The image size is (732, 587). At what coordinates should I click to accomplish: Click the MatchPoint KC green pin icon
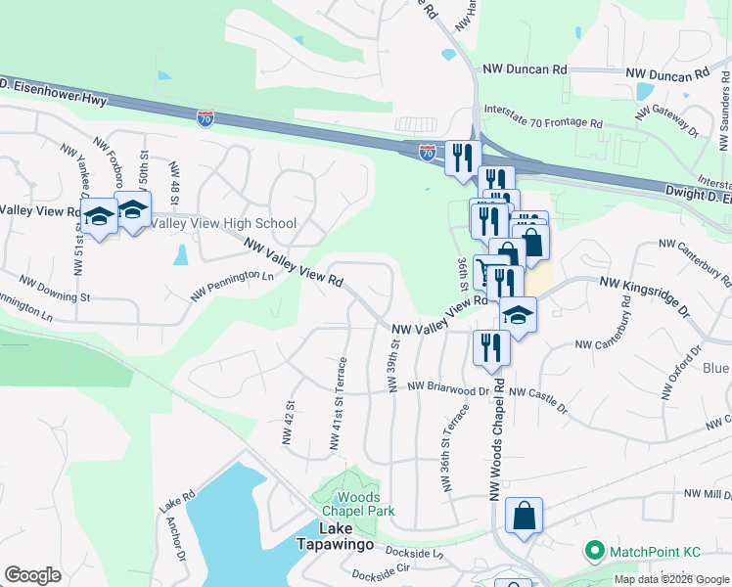pyautogui.click(x=592, y=552)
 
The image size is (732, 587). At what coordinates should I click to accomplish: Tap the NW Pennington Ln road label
pyautogui.click(x=232, y=285)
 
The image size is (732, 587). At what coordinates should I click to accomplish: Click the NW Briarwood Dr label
pyautogui.click(x=449, y=388)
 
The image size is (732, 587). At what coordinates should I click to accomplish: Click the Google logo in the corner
pyautogui.click(x=33, y=575)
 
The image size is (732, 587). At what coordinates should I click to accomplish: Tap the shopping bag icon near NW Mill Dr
pyautogui.click(x=525, y=516)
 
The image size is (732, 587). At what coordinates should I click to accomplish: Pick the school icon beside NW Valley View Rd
pyautogui.click(x=519, y=315)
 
